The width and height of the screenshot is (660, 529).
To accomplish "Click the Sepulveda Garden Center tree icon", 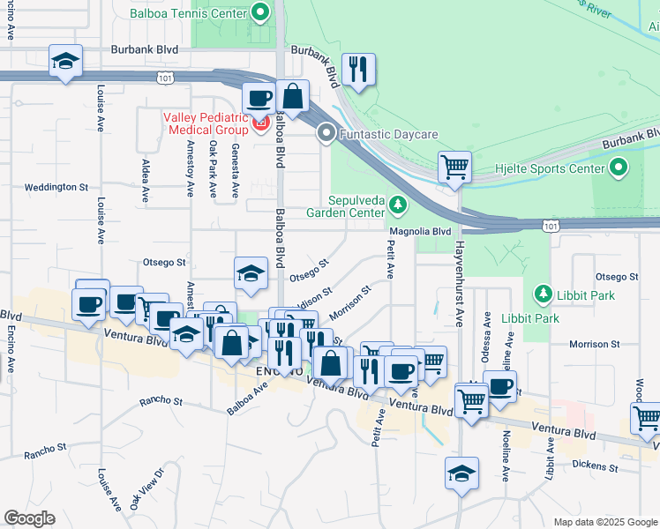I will pyautogui.click(x=398, y=205).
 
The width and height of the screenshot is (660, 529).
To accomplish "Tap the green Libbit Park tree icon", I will pyautogui.click(x=542, y=294).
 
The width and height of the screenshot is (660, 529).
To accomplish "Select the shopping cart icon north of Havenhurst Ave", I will pyautogui.click(x=454, y=166).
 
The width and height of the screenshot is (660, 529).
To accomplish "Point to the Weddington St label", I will pyautogui.click(x=56, y=187).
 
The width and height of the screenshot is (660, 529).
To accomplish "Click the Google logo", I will pyautogui.click(x=29, y=518).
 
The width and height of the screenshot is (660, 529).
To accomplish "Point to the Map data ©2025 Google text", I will pyautogui.click(x=604, y=522).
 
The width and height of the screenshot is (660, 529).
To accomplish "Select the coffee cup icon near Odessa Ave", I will pyautogui.click(x=500, y=386).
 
